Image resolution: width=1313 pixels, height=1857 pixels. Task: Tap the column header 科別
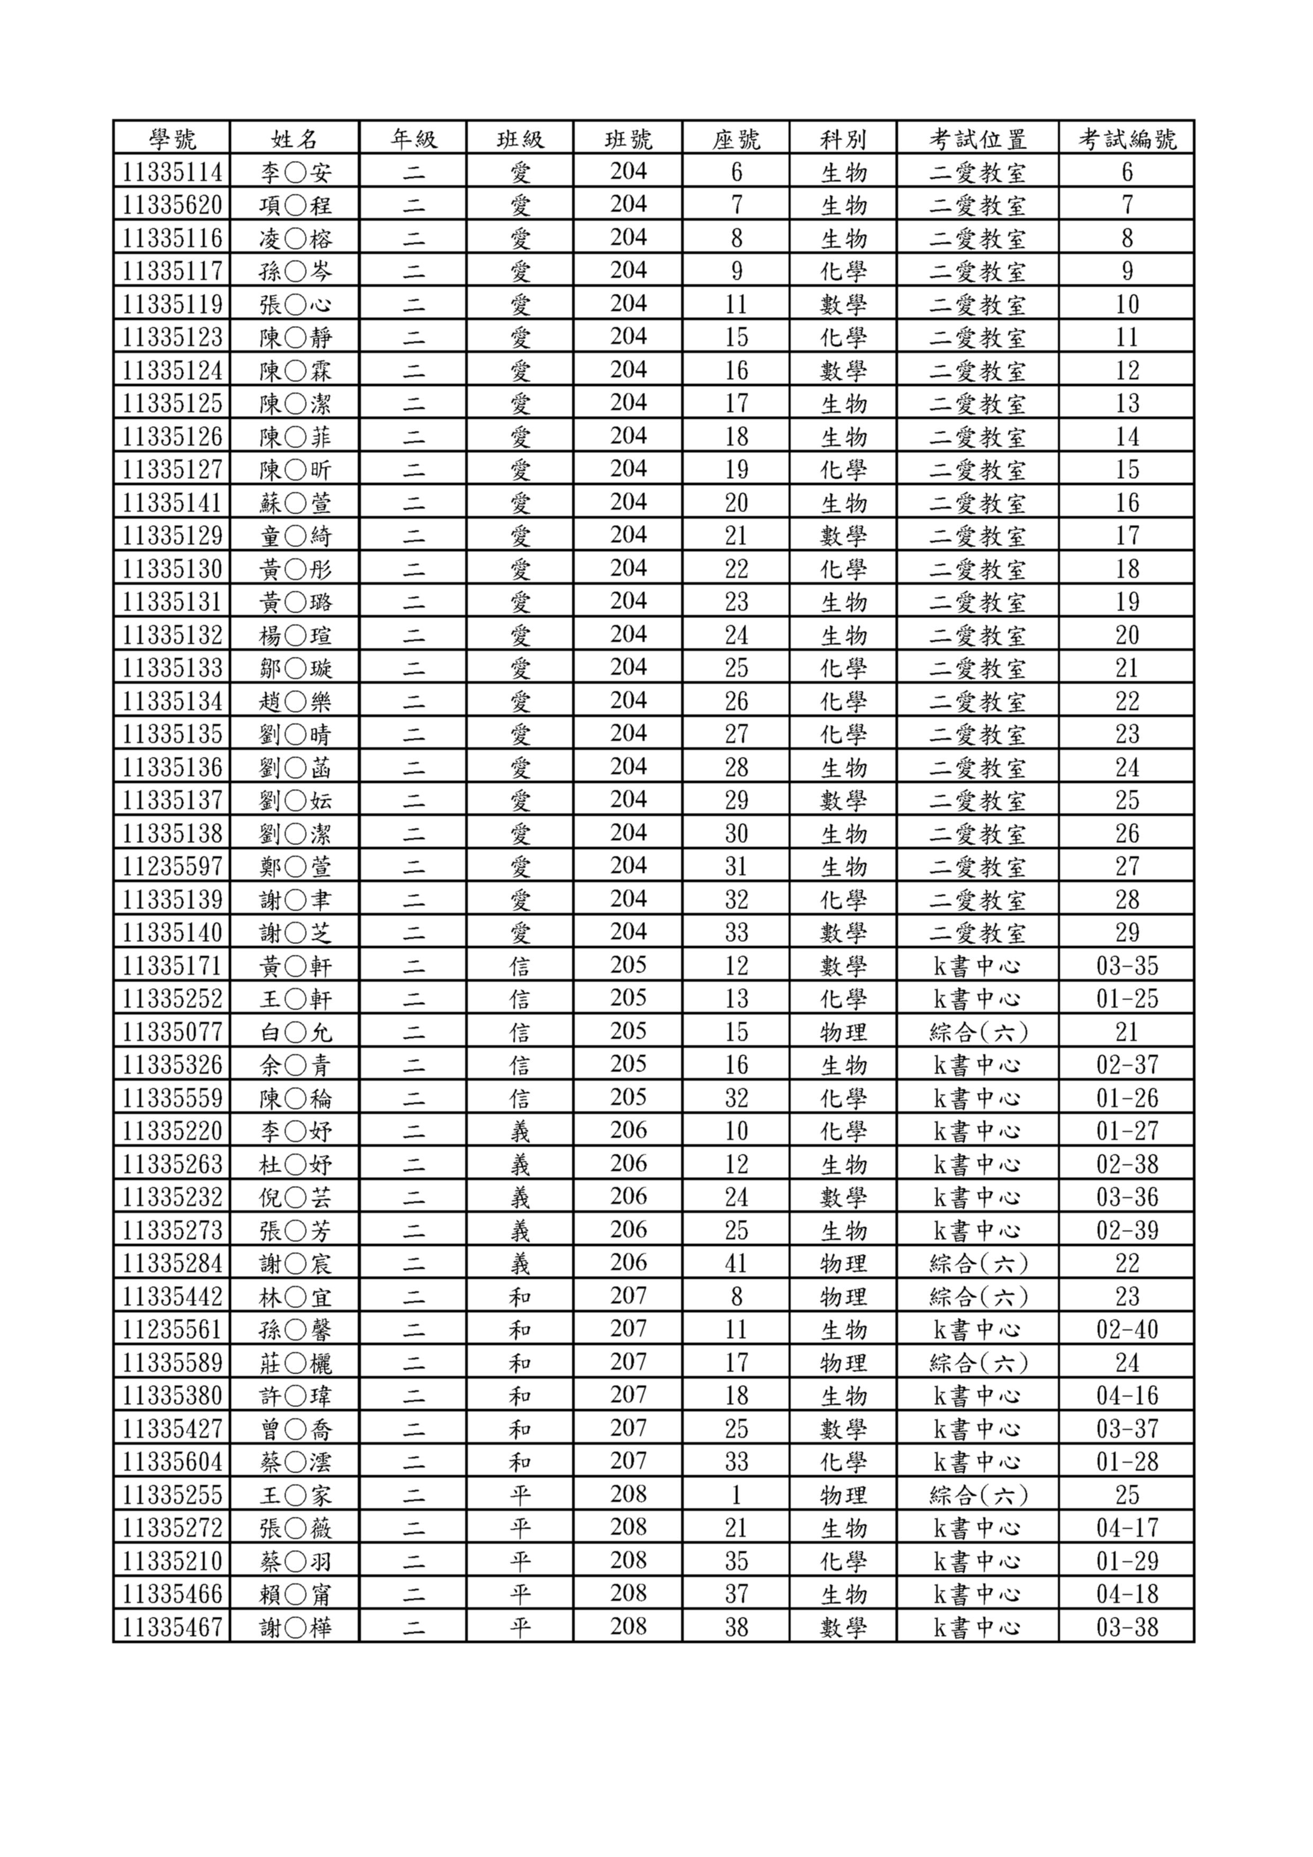point(843,139)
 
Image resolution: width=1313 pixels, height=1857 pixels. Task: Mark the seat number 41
point(736,1263)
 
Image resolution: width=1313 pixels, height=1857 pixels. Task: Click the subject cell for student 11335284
point(843,1263)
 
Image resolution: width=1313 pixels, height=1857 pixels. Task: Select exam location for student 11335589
point(977,1363)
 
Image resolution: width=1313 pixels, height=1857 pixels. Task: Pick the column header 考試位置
point(977,139)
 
